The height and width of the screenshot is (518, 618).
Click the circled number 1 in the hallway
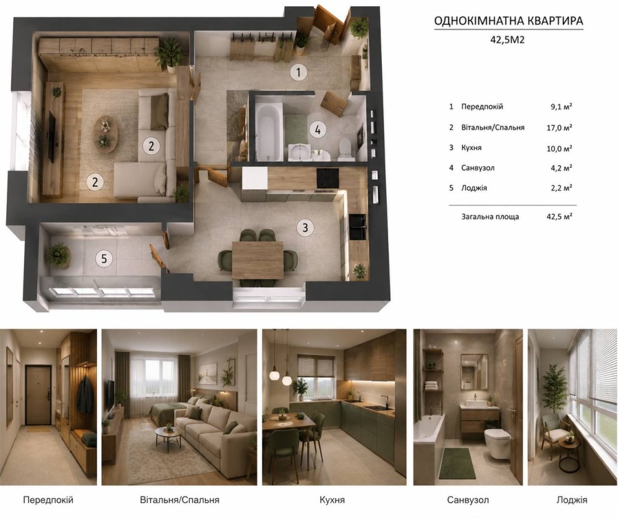click(298, 72)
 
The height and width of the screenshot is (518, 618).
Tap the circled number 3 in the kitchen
click(305, 227)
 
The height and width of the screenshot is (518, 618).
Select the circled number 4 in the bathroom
click(318, 129)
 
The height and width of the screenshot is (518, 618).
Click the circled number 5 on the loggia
click(104, 259)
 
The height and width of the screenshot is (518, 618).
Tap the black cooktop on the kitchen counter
click(328, 178)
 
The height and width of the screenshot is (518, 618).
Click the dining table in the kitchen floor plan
click(258, 260)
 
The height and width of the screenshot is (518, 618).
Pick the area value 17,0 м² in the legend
click(561, 127)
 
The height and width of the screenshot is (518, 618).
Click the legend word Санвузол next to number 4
click(478, 168)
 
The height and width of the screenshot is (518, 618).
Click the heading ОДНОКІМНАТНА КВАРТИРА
click(509, 20)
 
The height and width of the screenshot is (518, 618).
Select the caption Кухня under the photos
click(332, 500)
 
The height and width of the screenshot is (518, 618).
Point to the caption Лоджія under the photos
click(572, 500)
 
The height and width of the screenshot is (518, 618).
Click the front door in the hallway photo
click(38, 395)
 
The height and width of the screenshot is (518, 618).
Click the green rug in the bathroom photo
click(457, 463)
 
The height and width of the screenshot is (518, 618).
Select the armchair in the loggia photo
click(554, 432)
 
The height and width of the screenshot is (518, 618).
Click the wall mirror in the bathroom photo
click(474, 371)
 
